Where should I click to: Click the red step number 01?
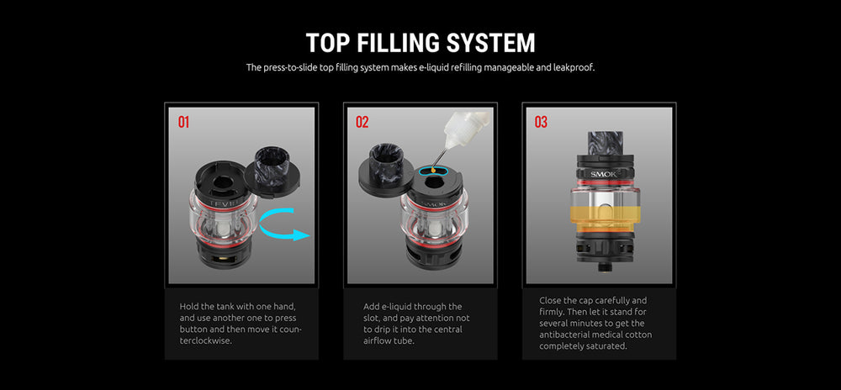[x=184, y=122]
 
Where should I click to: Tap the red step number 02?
[x=362, y=122]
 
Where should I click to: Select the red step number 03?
[x=541, y=122]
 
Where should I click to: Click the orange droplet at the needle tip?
[x=432, y=170]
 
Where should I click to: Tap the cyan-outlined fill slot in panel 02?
[x=432, y=171]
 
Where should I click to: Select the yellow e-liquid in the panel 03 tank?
[x=606, y=219]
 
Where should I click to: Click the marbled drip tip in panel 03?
[x=606, y=143]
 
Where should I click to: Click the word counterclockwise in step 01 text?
[x=241, y=335]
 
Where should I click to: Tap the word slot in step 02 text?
[x=373, y=319]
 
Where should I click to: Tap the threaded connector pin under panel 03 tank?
[x=606, y=266]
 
